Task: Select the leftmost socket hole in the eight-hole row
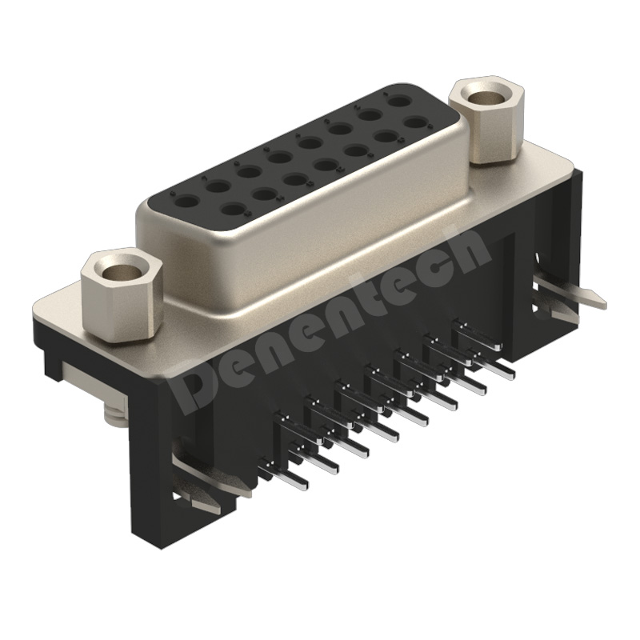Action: point(187,202)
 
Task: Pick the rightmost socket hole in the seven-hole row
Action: point(416,123)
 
